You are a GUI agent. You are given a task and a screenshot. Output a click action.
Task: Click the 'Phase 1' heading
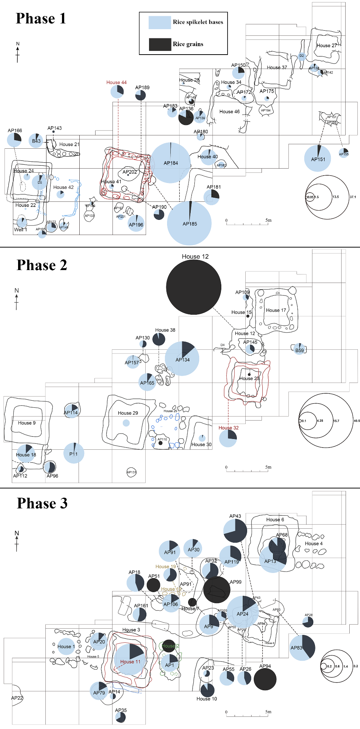[x=41, y=18]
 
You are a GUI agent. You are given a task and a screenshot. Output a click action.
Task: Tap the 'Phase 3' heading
[x=42, y=503]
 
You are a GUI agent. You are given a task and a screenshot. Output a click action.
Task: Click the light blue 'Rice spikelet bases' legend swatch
[x=160, y=23]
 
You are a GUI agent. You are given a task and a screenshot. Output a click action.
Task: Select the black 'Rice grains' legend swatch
[x=160, y=44]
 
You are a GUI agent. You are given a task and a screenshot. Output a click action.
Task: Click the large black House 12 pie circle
[x=194, y=287]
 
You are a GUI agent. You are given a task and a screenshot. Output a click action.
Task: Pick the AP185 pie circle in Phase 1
[x=189, y=223]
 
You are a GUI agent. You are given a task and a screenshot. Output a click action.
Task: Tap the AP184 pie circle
[x=170, y=163]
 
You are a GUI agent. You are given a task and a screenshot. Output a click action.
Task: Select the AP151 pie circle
[x=318, y=159]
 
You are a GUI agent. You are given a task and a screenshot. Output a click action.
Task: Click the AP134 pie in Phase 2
[x=182, y=359]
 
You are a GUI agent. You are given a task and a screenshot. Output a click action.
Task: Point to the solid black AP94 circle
[x=265, y=679]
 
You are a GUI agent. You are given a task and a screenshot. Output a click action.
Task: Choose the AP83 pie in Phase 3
[x=302, y=647]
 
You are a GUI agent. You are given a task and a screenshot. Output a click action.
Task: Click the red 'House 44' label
[x=117, y=82]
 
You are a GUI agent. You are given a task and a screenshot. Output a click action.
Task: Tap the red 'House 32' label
[x=228, y=428]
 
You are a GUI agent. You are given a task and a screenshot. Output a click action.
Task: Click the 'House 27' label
[x=326, y=45]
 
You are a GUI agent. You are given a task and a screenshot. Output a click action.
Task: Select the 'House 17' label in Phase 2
[x=276, y=310]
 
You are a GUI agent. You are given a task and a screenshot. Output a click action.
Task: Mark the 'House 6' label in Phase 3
[x=275, y=519]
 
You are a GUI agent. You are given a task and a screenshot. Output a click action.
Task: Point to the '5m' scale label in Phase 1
[x=269, y=220]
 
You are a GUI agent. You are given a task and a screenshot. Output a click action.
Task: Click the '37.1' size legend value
[x=353, y=197]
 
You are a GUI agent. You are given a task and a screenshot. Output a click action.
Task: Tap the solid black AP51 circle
[x=153, y=585]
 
